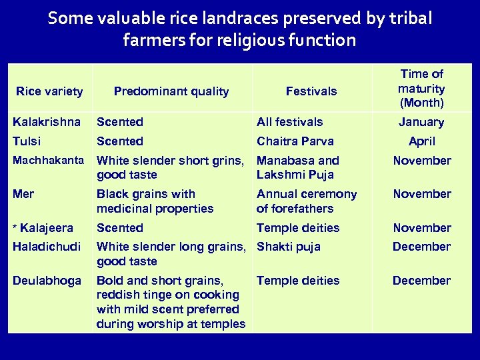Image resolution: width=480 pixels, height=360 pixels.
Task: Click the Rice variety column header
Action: [x=49, y=91]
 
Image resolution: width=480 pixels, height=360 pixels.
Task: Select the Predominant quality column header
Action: [x=171, y=91]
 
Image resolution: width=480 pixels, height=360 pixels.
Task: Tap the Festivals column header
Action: [x=311, y=91]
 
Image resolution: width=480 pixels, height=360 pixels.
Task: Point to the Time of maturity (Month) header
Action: [x=421, y=88]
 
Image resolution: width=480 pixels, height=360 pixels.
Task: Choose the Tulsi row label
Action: [x=27, y=141]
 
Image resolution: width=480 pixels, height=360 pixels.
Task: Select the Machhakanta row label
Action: [x=49, y=161]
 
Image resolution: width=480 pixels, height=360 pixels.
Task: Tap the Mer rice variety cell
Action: [x=23, y=194]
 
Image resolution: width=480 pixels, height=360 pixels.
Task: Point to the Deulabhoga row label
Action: [x=47, y=281]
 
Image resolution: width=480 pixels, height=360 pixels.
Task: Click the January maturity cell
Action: [x=421, y=122]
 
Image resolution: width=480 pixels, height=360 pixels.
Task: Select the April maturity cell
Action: [x=421, y=141]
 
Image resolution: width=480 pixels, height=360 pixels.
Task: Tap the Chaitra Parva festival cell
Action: [x=295, y=141]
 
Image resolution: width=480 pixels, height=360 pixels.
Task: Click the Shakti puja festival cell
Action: [x=289, y=247]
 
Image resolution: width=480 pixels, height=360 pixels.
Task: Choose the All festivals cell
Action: [x=290, y=122]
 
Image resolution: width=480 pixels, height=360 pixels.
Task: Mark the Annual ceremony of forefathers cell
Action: [x=307, y=201]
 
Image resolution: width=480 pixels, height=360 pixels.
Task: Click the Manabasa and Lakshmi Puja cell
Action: [x=298, y=167]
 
